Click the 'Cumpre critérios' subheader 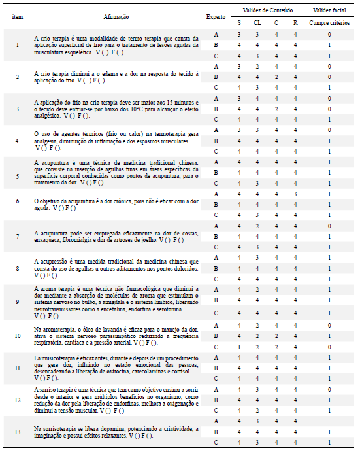(329, 22)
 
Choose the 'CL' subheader (258, 22)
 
